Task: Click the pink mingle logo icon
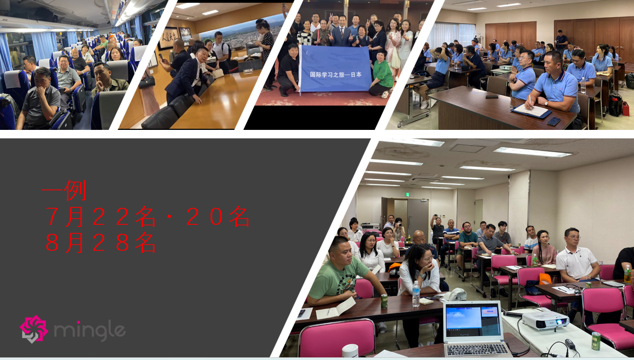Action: [34, 329]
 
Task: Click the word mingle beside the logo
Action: [90, 331]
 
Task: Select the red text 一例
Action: [64, 190]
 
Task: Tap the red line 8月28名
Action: [101, 242]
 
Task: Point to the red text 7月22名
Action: [101, 216]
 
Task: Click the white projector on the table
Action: [545, 320]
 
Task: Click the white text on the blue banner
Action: [335, 75]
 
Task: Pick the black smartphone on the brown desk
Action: [553, 121]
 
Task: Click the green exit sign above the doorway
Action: [409, 194]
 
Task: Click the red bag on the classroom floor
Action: [626, 108]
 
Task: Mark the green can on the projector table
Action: [596, 340]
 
